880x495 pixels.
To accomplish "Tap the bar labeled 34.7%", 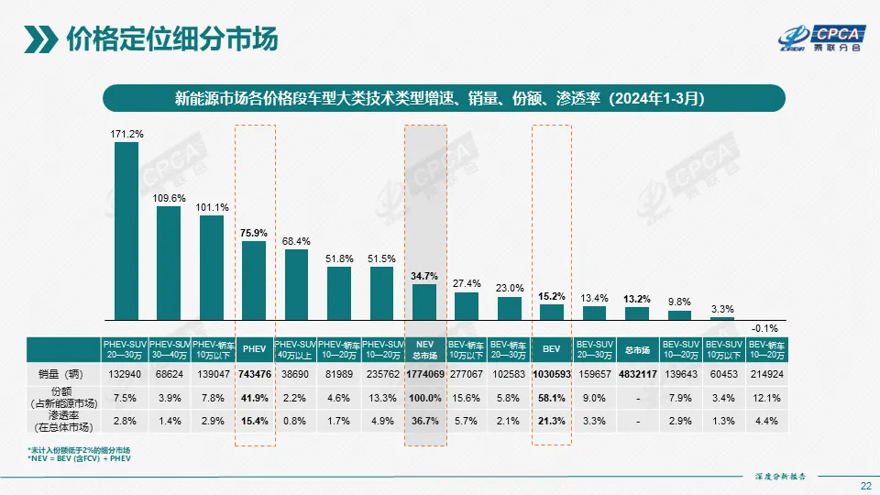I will [424, 308].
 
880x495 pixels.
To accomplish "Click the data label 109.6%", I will [169, 198].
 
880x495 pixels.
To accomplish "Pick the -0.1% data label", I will [764, 326].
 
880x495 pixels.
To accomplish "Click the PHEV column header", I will [254, 348].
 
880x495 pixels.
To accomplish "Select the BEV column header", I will [551, 348].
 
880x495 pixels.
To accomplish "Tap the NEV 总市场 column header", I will [424, 348].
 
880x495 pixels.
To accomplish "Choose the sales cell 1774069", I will [424, 374].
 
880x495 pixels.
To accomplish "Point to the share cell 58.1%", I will [551, 398].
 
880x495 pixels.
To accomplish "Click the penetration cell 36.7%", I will [424, 422].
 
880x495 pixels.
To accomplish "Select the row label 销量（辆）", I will [60, 374].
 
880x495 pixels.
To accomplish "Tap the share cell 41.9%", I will [254, 398].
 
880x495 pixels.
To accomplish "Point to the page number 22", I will [865, 485].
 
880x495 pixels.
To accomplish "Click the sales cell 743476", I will [254, 374].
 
